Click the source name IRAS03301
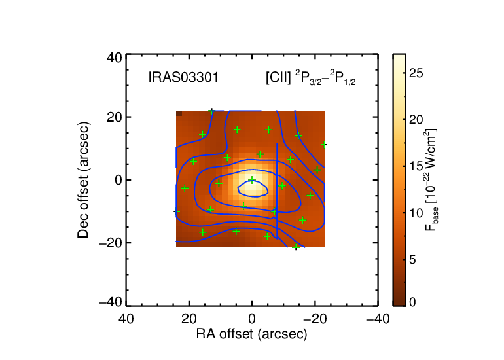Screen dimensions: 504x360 (x=183, y=78)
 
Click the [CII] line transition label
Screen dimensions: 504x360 (x=310, y=78)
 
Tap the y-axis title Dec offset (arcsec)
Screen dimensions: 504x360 (x=83, y=180)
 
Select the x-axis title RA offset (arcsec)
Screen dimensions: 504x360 (x=252, y=334)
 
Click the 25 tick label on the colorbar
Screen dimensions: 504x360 (x=416, y=73)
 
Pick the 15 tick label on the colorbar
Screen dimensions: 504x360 (x=416, y=166)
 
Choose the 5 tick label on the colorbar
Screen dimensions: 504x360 (x=412, y=259)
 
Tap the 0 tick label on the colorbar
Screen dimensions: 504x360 (x=412, y=302)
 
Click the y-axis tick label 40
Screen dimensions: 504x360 (x=115, y=58)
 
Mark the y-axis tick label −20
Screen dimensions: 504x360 (x=111, y=243)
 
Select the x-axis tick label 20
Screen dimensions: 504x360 (x=189, y=319)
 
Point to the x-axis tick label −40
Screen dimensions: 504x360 (x=378, y=319)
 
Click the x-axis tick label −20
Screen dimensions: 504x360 (x=315, y=319)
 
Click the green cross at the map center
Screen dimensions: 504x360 (x=252, y=179)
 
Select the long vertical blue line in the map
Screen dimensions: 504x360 (x=277, y=190)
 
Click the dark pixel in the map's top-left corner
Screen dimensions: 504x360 (x=179, y=113)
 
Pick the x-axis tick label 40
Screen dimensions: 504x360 (x=126, y=319)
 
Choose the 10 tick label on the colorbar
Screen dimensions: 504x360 (x=416, y=213)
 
